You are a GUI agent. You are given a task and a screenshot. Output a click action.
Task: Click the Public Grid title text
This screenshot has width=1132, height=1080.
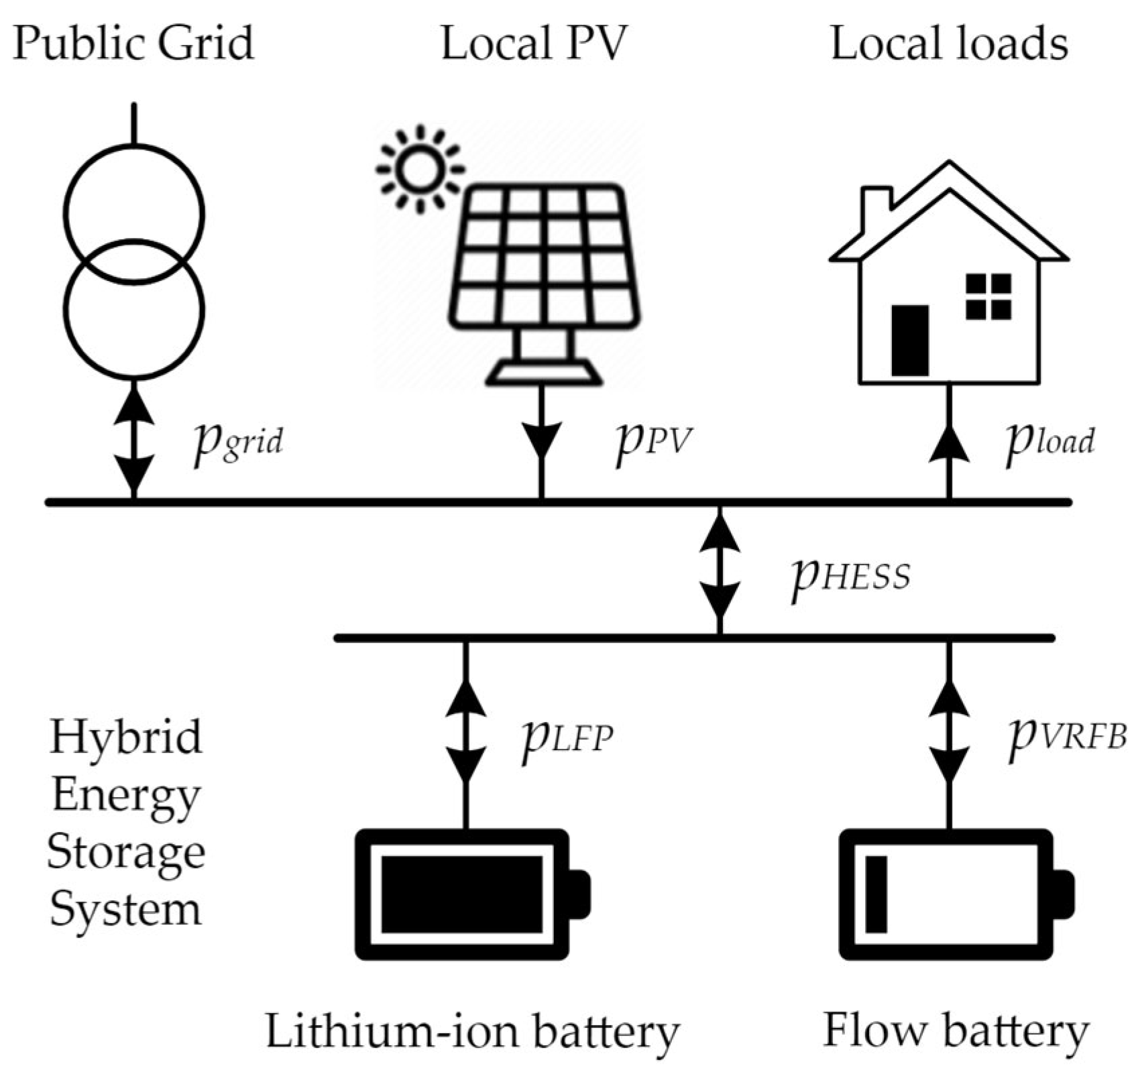(133, 44)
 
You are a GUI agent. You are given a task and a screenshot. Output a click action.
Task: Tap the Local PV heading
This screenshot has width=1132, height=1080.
(533, 44)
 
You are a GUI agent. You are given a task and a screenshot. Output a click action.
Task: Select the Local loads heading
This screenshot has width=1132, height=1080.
(949, 44)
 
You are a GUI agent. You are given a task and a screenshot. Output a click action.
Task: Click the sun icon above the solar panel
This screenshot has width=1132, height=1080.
(420, 169)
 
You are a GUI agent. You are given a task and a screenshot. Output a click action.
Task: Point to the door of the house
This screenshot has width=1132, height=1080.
(909, 340)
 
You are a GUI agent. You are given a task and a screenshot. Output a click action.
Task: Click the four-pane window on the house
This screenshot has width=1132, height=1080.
(988, 296)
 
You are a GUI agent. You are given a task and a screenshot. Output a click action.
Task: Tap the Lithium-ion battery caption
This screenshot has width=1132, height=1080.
(473, 1032)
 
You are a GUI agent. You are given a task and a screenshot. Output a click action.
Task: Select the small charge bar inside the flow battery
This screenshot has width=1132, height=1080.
(876, 894)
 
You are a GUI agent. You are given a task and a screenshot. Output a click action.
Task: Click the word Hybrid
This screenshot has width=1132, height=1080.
(125, 737)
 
